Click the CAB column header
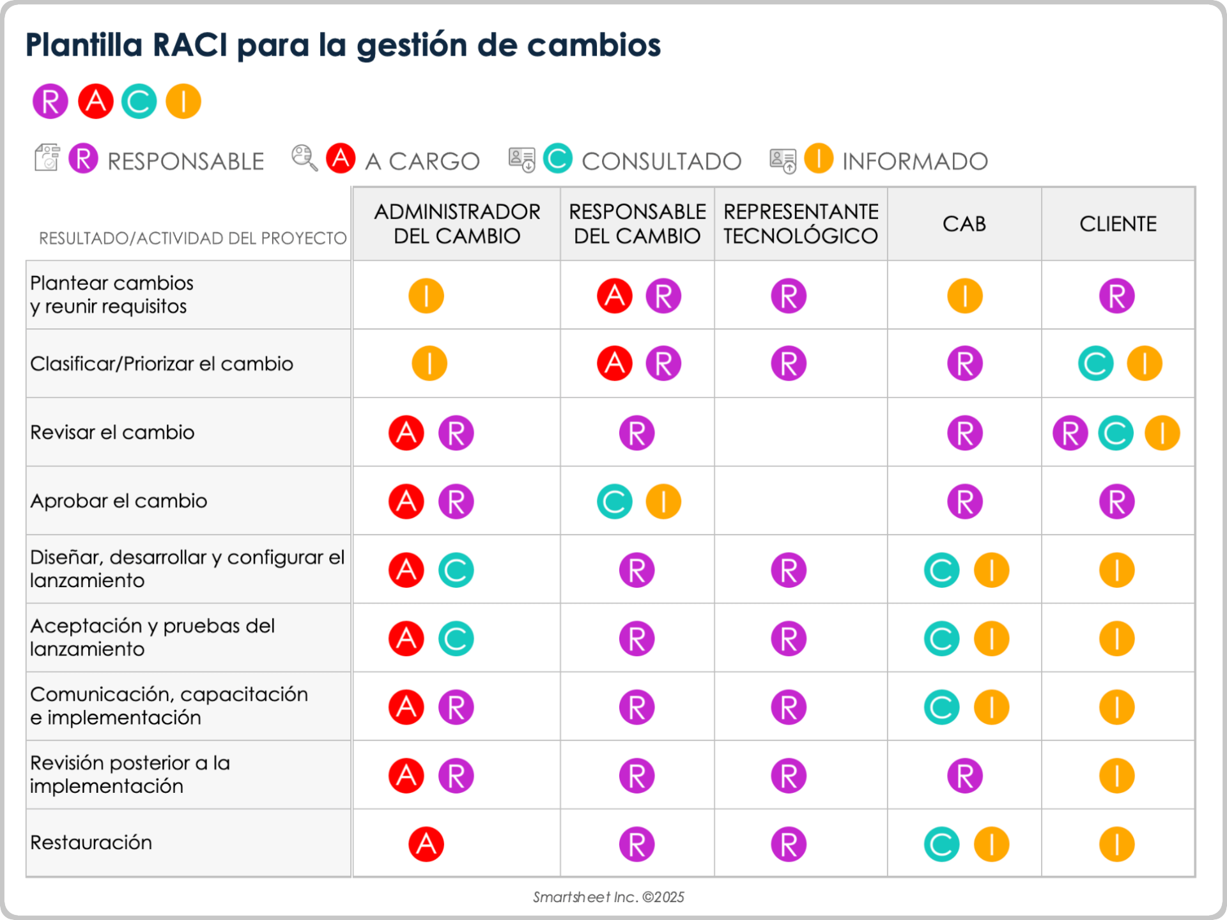964,224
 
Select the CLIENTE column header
1118,224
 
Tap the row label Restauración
91,843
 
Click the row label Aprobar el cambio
119,501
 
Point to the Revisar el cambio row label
112,433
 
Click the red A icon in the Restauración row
426,844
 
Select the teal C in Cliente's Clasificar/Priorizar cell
1095,364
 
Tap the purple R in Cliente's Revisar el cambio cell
1070,433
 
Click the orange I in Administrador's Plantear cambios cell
426,296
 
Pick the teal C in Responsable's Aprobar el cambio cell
614,502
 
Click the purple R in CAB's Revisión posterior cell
964,776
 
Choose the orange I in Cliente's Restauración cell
1116,844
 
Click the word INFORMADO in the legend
914,162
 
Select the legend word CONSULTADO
661,162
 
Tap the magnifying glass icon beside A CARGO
304,158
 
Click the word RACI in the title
190,45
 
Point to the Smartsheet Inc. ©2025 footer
608,897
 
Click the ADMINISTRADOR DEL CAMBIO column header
457,224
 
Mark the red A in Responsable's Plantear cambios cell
614,296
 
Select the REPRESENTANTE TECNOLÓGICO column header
801,224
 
